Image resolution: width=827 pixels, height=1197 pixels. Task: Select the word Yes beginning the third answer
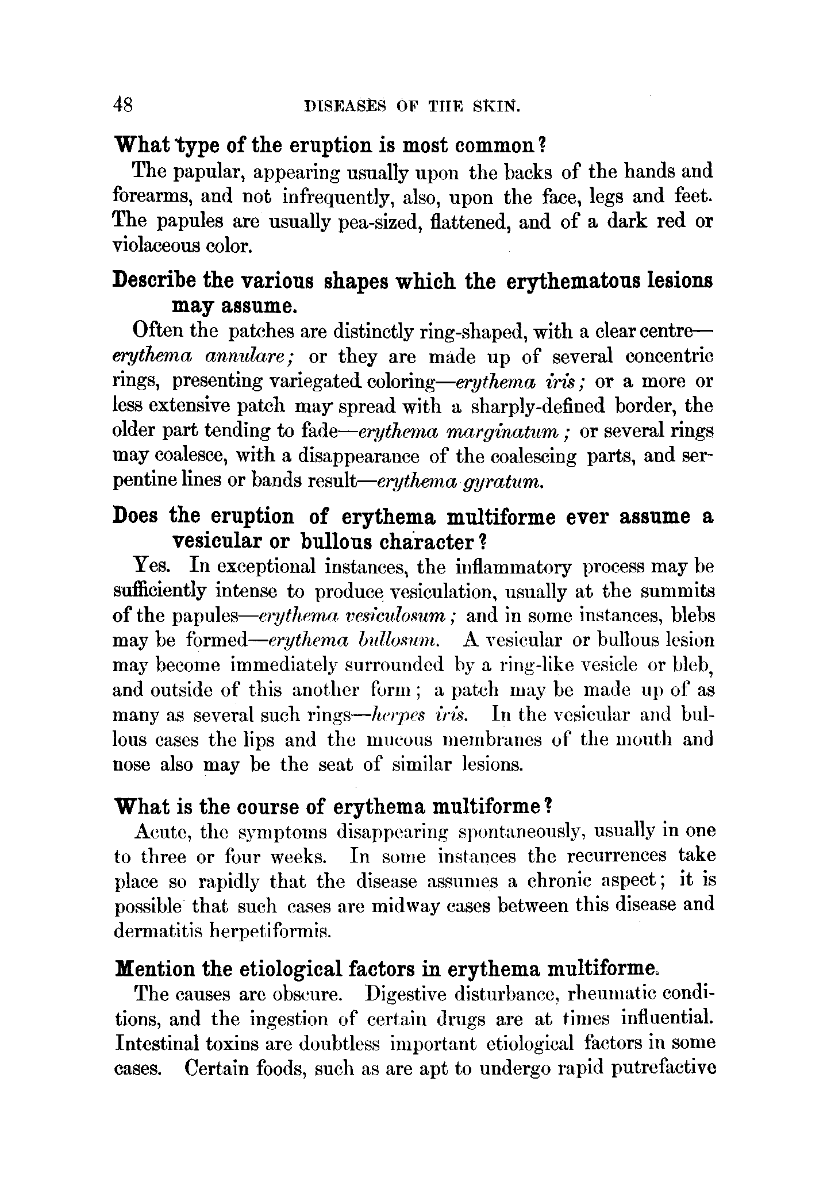point(151,567)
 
